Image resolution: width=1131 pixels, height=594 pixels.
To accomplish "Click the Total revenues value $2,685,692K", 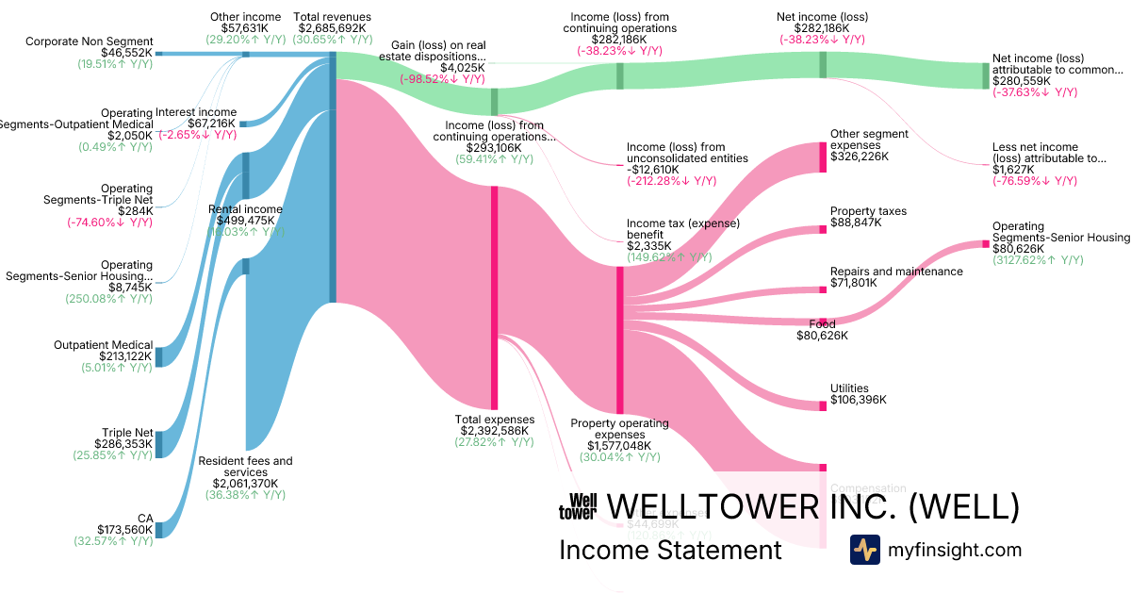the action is coord(332,28).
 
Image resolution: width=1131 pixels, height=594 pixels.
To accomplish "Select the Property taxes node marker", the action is coord(822,229).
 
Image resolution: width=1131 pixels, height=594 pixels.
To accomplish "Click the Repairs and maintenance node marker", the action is coord(822,289).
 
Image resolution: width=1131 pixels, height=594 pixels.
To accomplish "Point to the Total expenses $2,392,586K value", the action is coord(494,431).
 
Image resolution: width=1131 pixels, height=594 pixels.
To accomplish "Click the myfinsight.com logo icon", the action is coord(864,550).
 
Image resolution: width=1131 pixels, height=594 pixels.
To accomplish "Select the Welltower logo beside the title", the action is coord(578,506).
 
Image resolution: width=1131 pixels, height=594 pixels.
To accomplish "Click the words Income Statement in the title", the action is coord(670,550).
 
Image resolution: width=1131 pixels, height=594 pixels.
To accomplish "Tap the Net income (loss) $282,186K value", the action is coord(822,28).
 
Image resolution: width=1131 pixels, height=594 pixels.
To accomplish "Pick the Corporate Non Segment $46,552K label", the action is coord(90,48).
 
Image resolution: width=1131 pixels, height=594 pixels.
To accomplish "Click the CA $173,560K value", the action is coord(124,530).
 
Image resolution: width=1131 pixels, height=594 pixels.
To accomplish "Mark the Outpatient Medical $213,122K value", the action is coord(118,356).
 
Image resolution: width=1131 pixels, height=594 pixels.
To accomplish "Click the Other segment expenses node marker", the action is coord(822,157).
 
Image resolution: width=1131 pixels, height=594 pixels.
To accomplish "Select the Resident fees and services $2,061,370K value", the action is coord(245,484).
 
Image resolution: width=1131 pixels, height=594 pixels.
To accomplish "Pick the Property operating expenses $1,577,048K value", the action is coord(618,446).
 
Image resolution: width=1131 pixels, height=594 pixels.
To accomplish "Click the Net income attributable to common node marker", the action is coord(986,75).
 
